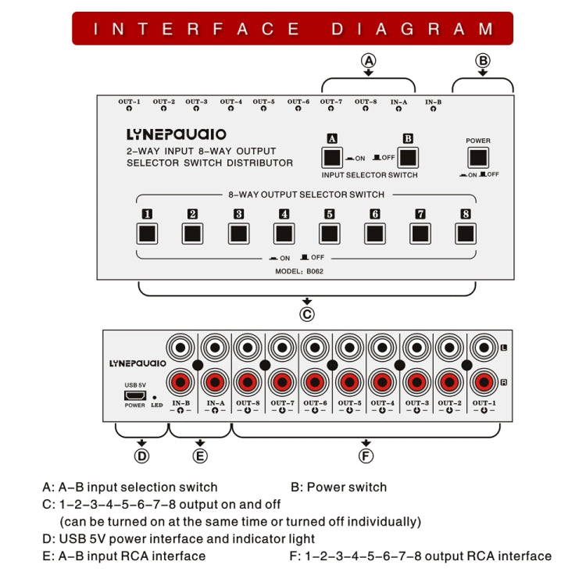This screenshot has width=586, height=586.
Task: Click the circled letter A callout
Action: coord(368,60)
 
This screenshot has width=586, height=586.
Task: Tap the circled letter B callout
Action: coord(483,60)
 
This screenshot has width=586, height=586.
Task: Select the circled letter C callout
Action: coord(307,314)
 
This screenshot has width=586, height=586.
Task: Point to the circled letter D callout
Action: coord(141,456)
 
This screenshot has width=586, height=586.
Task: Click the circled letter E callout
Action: coord(200,456)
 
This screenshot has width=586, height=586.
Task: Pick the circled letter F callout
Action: coord(366,456)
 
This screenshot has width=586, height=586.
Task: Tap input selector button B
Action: coord(408,157)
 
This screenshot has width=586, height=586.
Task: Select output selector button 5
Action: coord(330,233)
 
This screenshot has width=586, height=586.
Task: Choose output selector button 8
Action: coord(466,233)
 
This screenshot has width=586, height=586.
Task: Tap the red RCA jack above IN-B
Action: coord(180,383)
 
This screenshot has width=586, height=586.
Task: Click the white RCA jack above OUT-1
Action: coord(483,346)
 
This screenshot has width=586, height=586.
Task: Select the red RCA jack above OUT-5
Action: coord(348,383)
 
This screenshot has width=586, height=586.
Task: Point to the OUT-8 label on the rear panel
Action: coord(248,403)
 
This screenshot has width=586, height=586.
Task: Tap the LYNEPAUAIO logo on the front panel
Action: coord(177,134)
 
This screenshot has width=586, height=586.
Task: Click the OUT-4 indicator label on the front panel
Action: coord(230,102)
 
